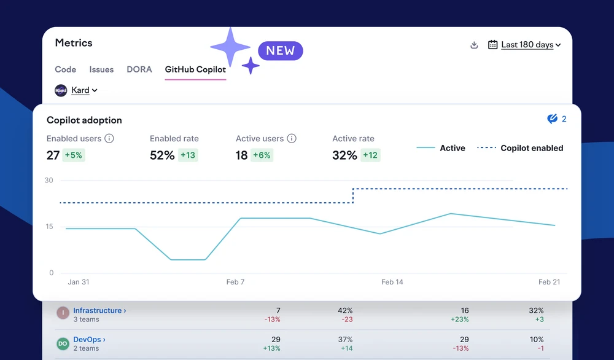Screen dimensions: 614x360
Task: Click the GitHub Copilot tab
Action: [195, 69]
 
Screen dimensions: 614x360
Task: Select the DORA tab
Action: [139, 69]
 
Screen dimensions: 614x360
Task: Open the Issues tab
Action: [101, 69]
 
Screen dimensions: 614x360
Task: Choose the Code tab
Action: [66, 69]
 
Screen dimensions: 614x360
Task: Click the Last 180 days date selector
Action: [524, 45]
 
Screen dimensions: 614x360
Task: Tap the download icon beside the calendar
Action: [474, 45]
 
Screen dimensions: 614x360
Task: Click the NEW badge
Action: [281, 50]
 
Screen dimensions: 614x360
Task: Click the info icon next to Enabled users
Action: [109, 138]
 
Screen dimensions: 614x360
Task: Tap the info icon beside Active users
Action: [292, 138]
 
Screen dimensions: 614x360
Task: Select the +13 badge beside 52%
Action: [188, 155]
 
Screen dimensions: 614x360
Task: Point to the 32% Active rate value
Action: [344, 155]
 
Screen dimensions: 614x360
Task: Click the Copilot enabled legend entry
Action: [520, 148]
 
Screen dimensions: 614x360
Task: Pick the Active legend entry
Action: [441, 148]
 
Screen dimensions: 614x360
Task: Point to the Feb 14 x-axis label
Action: [392, 282]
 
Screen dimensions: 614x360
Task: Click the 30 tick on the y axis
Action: [49, 180]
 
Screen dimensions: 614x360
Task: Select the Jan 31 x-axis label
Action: [79, 282]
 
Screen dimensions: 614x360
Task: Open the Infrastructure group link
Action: [99, 310]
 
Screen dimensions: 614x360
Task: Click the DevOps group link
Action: [89, 339]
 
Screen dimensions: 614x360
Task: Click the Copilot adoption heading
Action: [84, 120]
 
